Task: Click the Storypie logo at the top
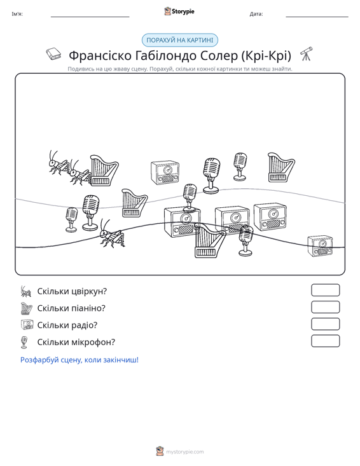[x=179, y=11]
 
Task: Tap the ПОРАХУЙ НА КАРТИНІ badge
[x=180, y=40]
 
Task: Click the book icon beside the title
[x=54, y=54]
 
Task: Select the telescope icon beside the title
[x=307, y=53]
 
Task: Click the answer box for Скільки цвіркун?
[x=325, y=290]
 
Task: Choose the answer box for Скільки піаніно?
[x=325, y=307]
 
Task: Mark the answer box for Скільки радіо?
[x=325, y=324]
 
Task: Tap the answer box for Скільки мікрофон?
[x=325, y=341]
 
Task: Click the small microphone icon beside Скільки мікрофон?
[x=24, y=343]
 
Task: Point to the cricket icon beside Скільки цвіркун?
[x=26, y=291]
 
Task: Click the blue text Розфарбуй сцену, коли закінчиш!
[x=80, y=360]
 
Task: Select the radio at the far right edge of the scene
[x=320, y=246]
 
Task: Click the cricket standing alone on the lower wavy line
[x=111, y=234]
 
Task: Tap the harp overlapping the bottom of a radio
[x=210, y=240]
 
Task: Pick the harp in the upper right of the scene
[x=281, y=167]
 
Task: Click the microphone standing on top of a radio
[x=190, y=197]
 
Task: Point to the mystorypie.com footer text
[x=184, y=452]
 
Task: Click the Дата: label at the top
[x=256, y=14]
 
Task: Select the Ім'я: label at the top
[x=17, y=14]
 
